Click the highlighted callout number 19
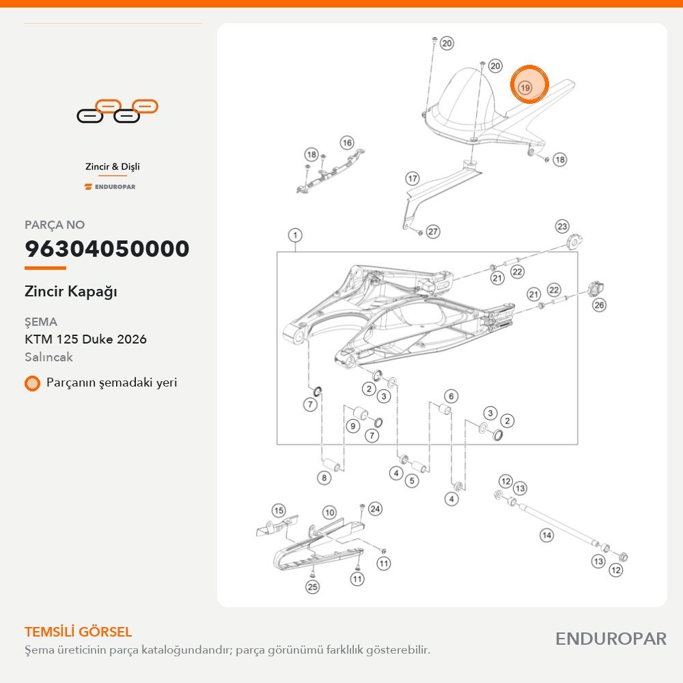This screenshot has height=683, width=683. pyautogui.click(x=525, y=88)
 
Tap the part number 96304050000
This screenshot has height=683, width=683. pyautogui.click(x=107, y=249)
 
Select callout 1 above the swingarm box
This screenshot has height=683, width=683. pyautogui.click(x=295, y=235)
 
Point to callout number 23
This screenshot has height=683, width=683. pyautogui.click(x=562, y=226)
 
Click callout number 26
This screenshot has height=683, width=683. pyautogui.click(x=600, y=305)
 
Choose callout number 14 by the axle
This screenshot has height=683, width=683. pyautogui.click(x=546, y=535)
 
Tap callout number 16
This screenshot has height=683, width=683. pyautogui.click(x=347, y=143)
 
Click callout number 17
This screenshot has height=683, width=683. pyautogui.click(x=413, y=178)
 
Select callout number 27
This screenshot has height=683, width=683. pyautogui.click(x=432, y=232)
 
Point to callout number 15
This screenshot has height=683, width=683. pyautogui.click(x=279, y=510)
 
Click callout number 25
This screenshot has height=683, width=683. pyautogui.click(x=312, y=587)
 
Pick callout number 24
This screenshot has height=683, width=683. pyautogui.click(x=375, y=509)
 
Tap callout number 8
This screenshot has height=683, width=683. pyautogui.click(x=324, y=478)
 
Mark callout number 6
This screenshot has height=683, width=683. pyautogui.click(x=451, y=396)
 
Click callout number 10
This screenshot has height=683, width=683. pyautogui.click(x=330, y=513)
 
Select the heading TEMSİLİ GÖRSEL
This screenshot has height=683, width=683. pyautogui.click(x=79, y=632)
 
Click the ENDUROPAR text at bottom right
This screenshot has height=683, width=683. pyautogui.click(x=611, y=639)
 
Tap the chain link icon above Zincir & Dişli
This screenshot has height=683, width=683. pyautogui.click(x=117, y=111)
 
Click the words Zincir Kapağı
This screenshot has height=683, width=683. pyautogui.click(x=71, y=292)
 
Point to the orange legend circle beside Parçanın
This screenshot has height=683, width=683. pyautogui.click(x=32, y=383)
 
